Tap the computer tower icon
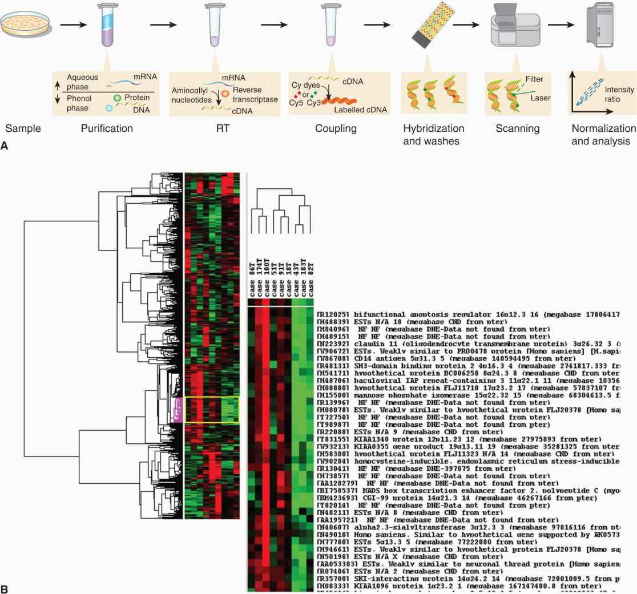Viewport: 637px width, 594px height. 600,26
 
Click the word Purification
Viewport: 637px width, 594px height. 108,128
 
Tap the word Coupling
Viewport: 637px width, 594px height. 336,128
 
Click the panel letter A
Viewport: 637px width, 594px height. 5,146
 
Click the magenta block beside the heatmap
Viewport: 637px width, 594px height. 178,410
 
